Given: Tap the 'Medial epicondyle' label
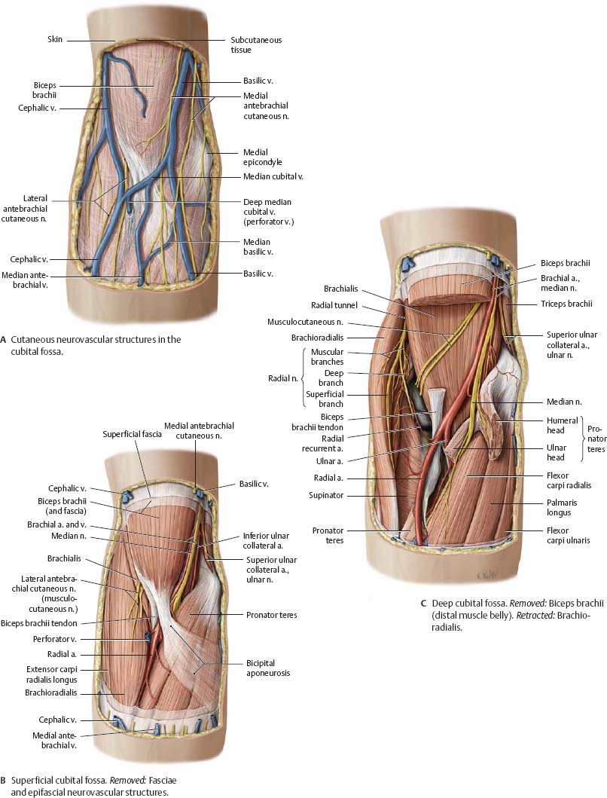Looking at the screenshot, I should (261, 157).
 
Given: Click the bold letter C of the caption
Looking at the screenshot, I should (424, 603).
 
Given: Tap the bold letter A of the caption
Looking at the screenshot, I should (5, 340).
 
